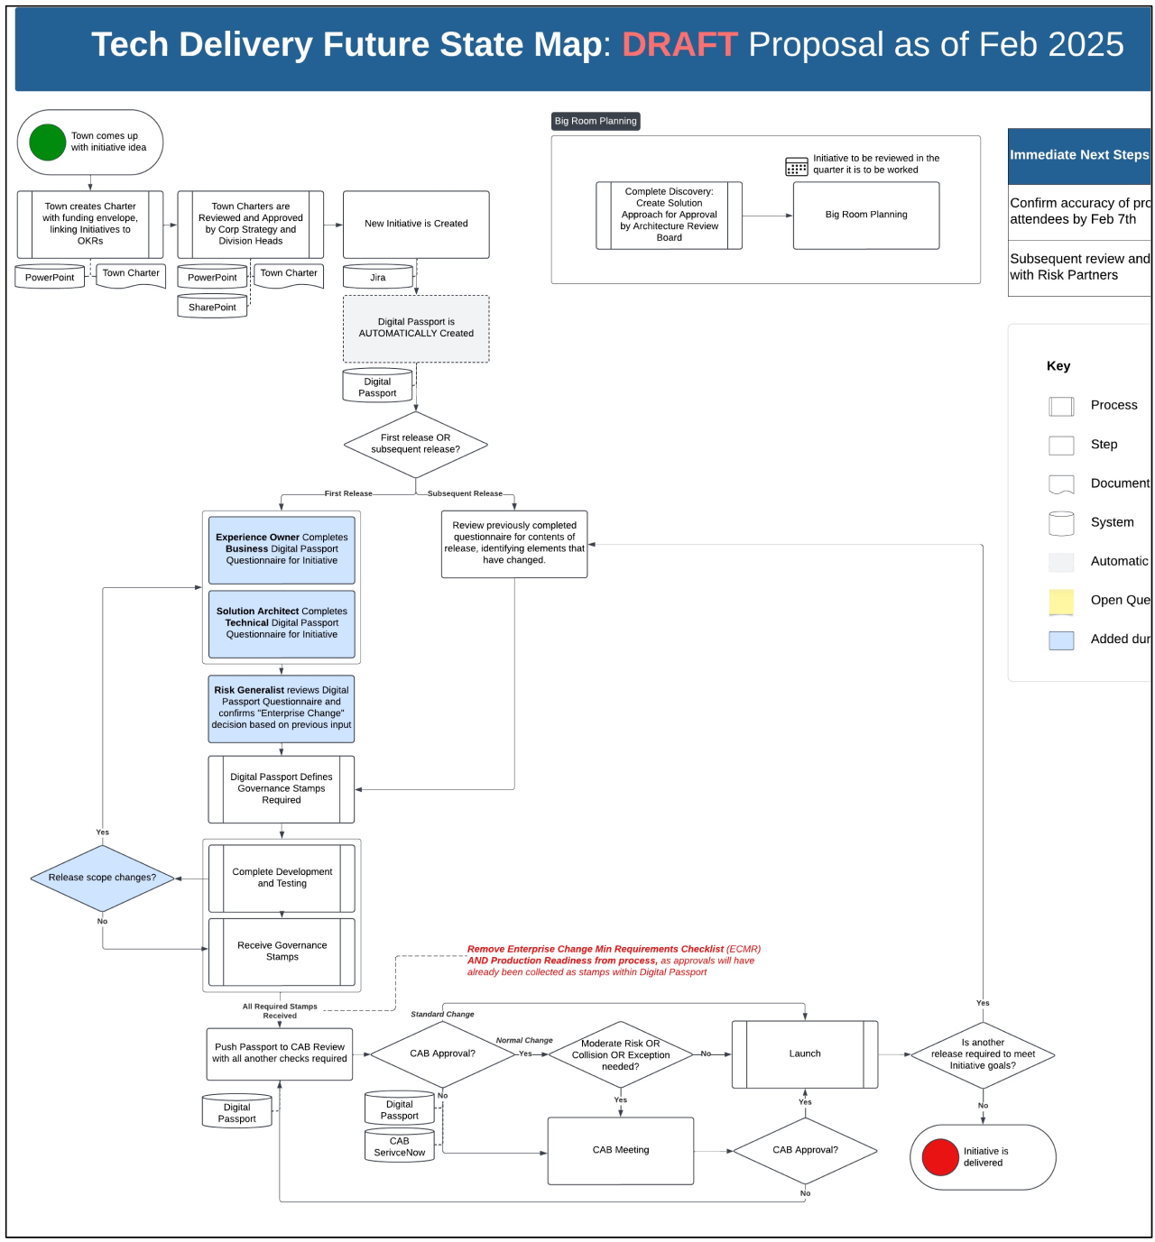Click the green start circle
tap(47, 143)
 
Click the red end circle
tap(940, 1157)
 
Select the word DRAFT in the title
tap(679, 44)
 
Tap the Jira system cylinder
tap(378, 277)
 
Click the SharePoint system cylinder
tap(212, 307)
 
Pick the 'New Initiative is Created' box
tap(416, 224)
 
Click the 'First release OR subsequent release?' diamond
tap(416, 444)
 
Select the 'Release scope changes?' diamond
tap(102, 878)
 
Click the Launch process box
tap(805, 1053)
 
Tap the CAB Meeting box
tap(621, 1150)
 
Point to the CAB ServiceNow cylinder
tap(400, 1146)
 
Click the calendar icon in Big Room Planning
tap(797, 166)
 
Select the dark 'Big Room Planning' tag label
tap(596, 121)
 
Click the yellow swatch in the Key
tap(1061, 601)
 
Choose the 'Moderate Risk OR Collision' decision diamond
tap(621, 1054)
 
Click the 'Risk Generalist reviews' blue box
tap(282, 708)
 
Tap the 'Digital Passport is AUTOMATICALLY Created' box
tap(416, 328)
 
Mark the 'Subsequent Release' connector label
tap(465, 493)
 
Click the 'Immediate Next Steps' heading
tap(1079, 155)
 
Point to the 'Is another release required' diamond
tap(983, 1054)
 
